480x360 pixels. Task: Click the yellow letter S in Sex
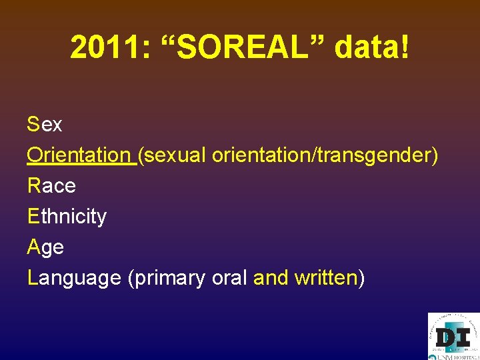[x=33, y=124]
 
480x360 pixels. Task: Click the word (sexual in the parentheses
[x=173, y=155]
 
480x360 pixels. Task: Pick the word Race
[x=51, y=185]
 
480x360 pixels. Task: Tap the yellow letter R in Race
[x=33, y=185]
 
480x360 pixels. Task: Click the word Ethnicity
[x=67, y=216]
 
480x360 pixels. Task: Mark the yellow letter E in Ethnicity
[x=33, y=216]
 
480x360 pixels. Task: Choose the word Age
[x=45, y=247]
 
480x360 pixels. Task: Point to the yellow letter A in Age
[x=33, y=247]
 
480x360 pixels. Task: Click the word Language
[x=74, y=277]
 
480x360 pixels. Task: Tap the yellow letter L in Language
[x=32, y=277]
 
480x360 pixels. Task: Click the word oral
[x=229, y=277]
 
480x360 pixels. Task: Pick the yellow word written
[x=325, y=277]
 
